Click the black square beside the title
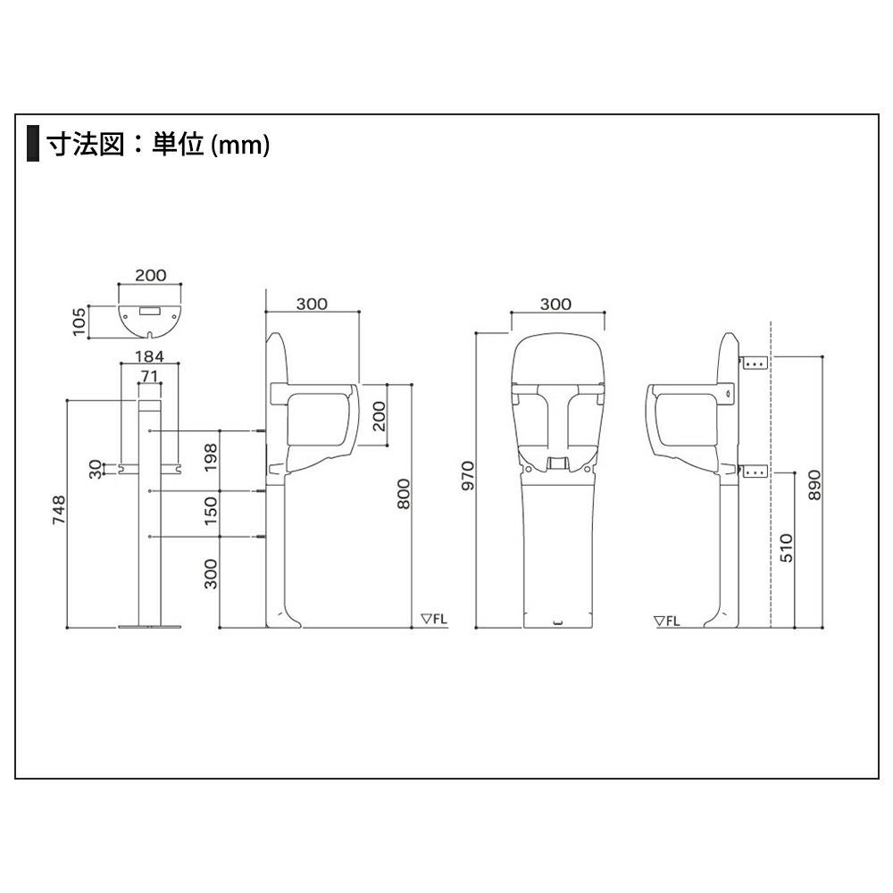pyautogui.click(x=33, y=143)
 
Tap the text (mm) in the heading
pyautogui.click(x=239, y=145)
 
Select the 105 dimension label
pyautogui.click(x=79, y=321)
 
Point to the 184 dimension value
pyautogui.click(x=149, y=356)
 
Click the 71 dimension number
pyautogui.click(x=148, y=376)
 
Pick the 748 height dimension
pyautogui.click(x=59, y=510)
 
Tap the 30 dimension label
pyautogui.click(x=96, y=469)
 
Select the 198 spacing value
pyautogui.click(x=211, y=457)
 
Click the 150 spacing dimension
pyautogui.click(x=211, y=511)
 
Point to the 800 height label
pyautogui.click(x=404, y=494)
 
